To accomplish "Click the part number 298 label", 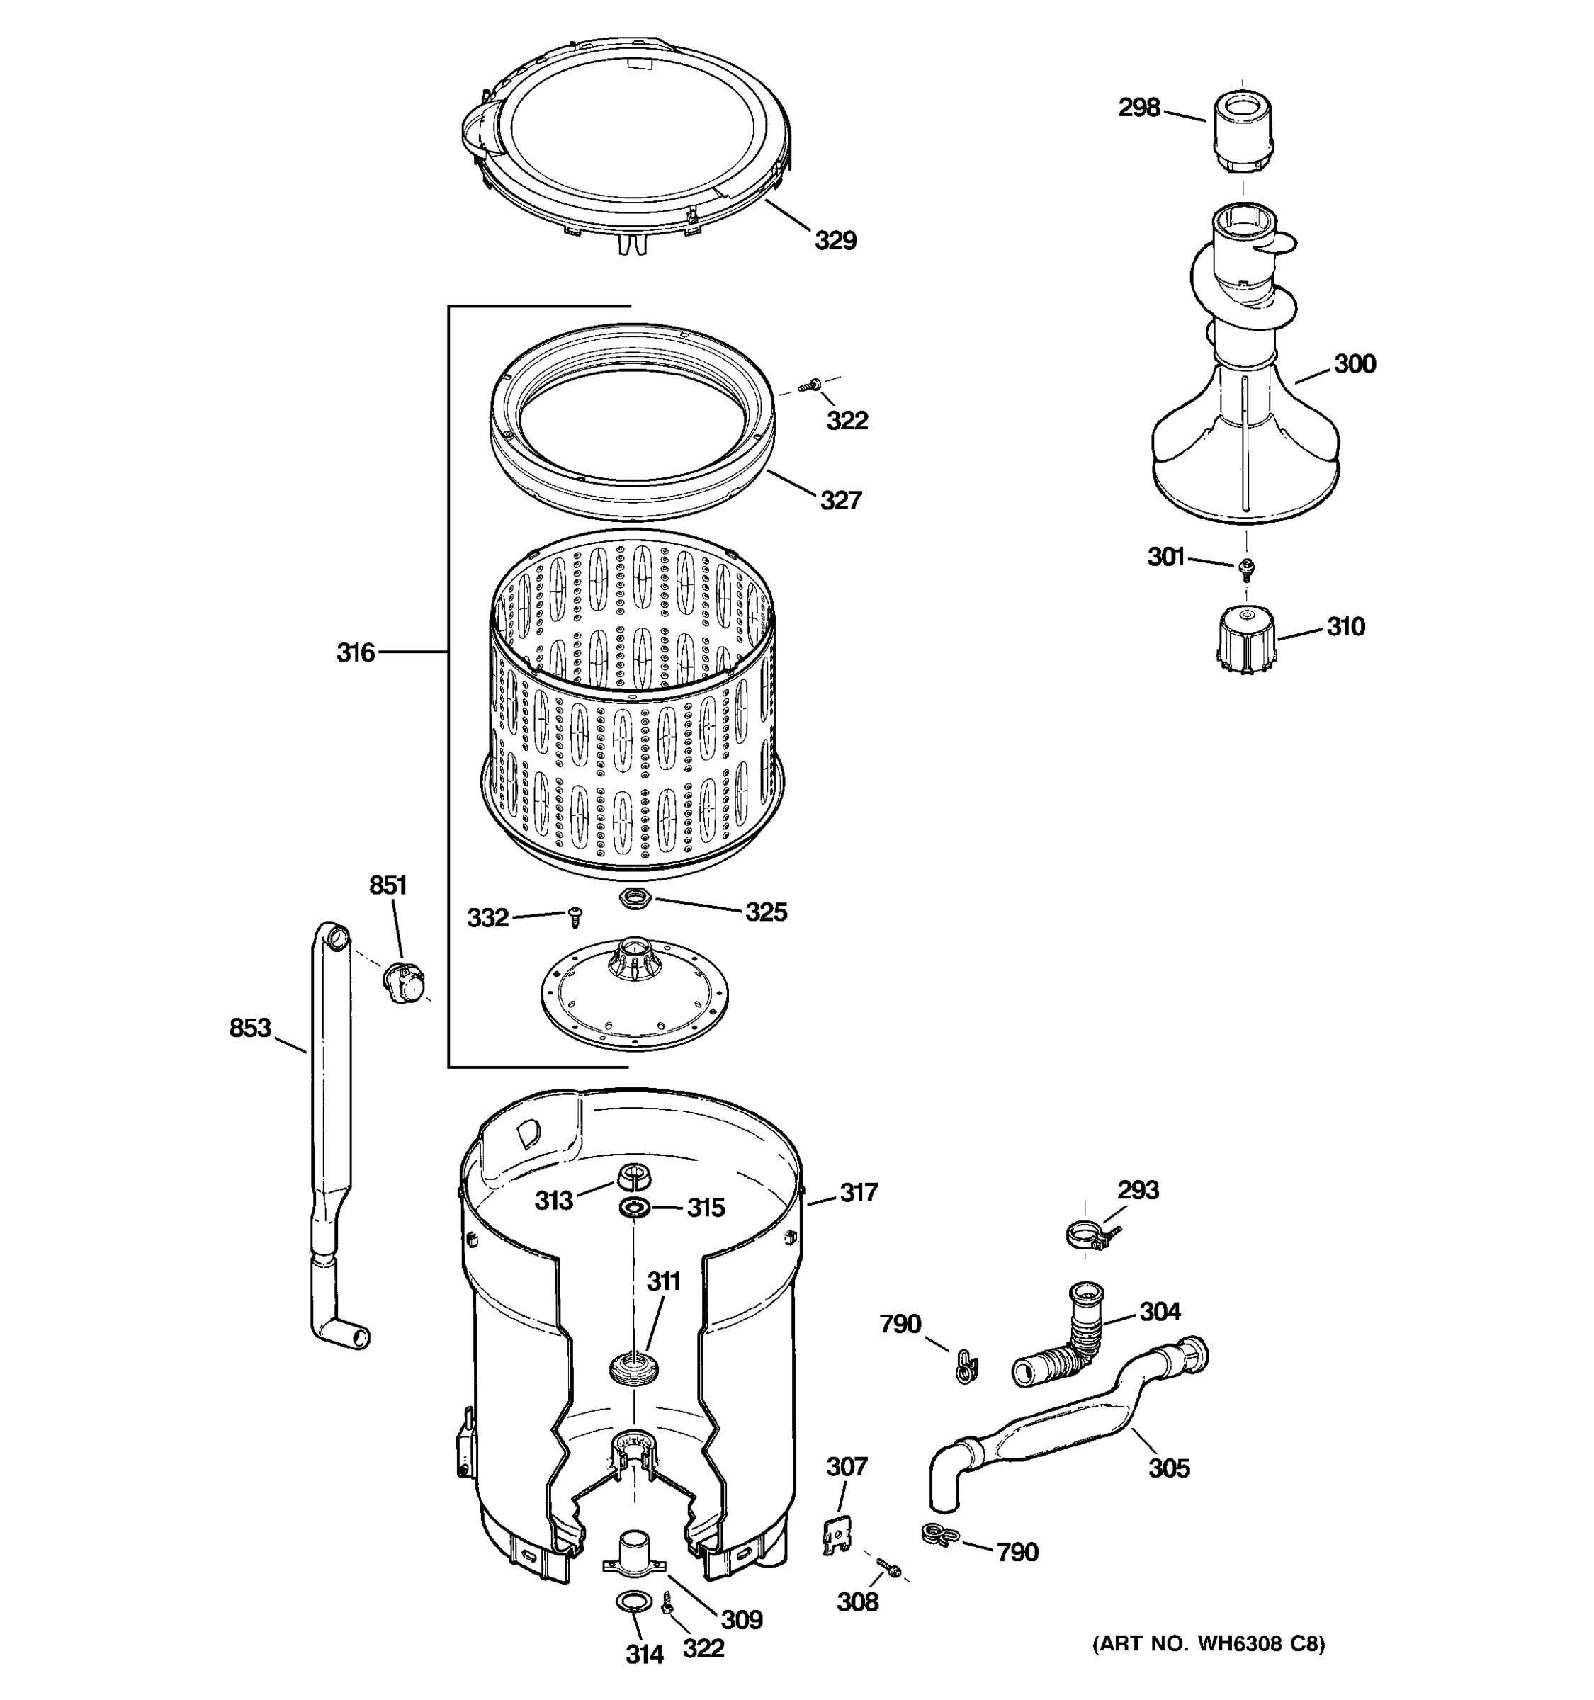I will [x=1139, y=108].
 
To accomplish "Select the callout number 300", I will [x=1355, y=364].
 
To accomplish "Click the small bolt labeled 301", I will [x=1247, y=566].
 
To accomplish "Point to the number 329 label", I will [x=835, y=241].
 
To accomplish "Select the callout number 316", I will [x=355, y=653].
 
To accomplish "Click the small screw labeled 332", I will [x=575, y=917].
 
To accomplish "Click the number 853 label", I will [x=249, y=1028].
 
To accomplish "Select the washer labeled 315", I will [x=633, y=1208].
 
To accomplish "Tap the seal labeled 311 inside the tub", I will [x=633, y=1366].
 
